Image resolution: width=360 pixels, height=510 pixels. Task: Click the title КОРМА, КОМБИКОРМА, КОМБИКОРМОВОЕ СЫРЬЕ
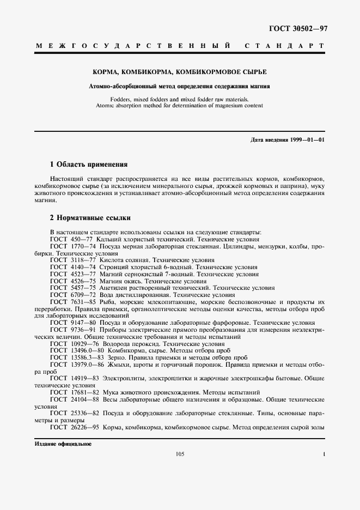click(180, 72)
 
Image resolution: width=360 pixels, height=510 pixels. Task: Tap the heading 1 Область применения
click(88, 163)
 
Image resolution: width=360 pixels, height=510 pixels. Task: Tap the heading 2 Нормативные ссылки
click(90, 217)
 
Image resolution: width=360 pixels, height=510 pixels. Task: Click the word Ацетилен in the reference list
click(112, 287)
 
